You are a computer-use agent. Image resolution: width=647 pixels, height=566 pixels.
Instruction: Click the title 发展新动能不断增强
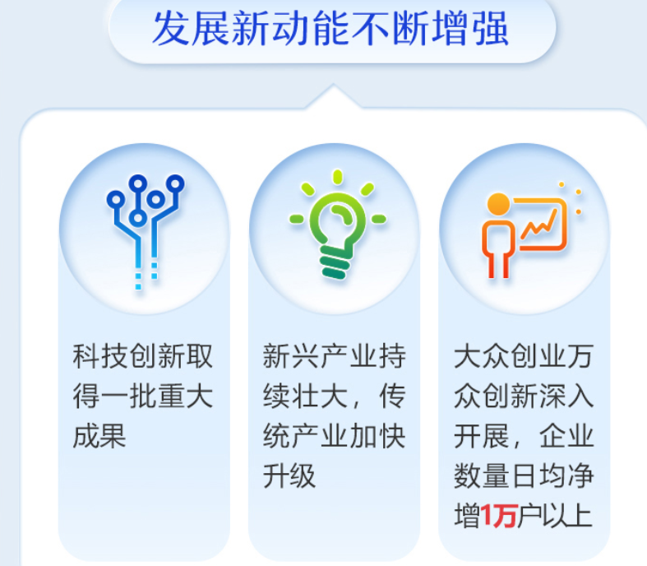point(330,30)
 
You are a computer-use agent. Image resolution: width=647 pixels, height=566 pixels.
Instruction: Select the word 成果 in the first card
point(99,436)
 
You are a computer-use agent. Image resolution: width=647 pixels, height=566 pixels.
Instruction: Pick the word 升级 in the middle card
point(289,476)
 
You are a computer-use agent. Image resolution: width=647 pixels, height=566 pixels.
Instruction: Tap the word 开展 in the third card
point(480,436)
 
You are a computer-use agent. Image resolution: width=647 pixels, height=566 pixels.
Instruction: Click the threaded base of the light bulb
point(335,263)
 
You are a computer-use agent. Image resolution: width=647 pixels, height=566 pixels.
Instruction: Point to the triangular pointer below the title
point(330,95)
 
